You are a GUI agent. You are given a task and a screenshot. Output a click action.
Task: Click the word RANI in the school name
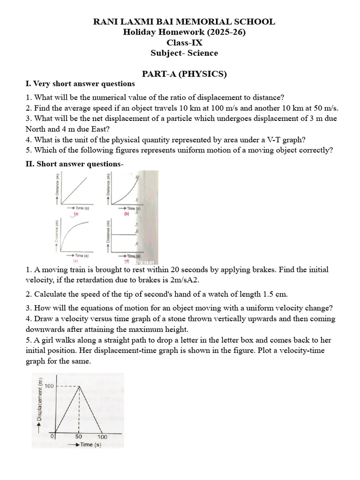pyautogui.click(x=105, y=22)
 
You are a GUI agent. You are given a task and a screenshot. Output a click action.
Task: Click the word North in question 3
pyautogui.click(x=37, y=129)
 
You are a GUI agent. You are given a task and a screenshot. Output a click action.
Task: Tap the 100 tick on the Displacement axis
pyautogui.click(x=49, y=386)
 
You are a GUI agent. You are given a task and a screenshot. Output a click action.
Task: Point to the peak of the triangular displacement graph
pyautogui.click(x=79, y=386)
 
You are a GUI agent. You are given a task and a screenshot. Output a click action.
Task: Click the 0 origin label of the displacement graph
pyautogui.click(x=52, y=436)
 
